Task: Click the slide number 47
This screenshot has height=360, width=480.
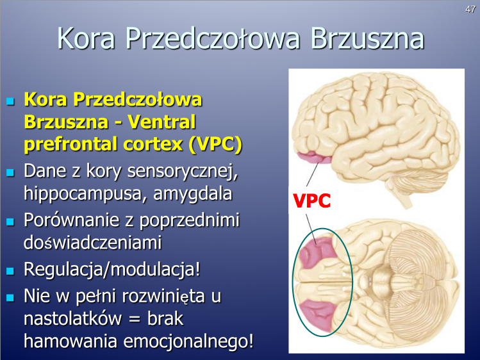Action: pyautogui.click(x=470, y=10)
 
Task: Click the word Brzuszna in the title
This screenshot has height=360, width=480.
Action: pyautogui.click(x=367, y=38)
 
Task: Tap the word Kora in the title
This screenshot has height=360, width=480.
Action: pyautogui.click(x=86, y=38)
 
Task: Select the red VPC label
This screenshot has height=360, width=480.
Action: pyautogui.click(x=311, y=200)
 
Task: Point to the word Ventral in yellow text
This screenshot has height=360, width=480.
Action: pyautogui.click(x=161, y=122)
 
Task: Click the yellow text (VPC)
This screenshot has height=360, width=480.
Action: pyautogui.click(x=215, y=144)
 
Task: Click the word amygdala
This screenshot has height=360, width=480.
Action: pyautogui.click(x=192, y=194)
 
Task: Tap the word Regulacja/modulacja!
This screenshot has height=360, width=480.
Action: pyautogui.click(x=112, y=270)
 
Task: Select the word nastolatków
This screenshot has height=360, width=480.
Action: pyautogui.click(x=73, y=318)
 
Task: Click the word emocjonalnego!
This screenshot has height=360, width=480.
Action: pyautogui.click(x=188, y=341)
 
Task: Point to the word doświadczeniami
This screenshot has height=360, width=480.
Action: pyautogui.click(x=92, y=243)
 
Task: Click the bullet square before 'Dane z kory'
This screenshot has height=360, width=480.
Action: pyautogui.click(x=10, y=172)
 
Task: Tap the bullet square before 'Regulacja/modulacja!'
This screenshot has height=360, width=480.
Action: pyautogui.click(x=10, y=271)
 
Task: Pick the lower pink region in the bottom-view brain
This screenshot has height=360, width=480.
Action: pyautogui.click(x=317, y=315)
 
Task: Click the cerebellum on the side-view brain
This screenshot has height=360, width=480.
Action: pyautogui.click(x=404, y=187)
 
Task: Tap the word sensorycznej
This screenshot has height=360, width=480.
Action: pyautogui.click(x=183, y=170)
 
